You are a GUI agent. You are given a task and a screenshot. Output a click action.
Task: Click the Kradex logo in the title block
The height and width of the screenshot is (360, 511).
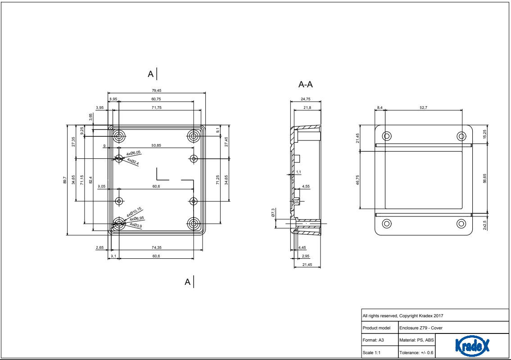tap(472, 346)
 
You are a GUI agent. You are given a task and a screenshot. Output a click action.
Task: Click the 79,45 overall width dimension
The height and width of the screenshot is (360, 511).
tap(156, 90)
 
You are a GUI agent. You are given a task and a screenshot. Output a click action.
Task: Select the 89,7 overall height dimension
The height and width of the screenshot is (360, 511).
tap(64, 180)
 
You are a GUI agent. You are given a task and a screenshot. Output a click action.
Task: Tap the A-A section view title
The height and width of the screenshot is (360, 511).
tap(306, 84)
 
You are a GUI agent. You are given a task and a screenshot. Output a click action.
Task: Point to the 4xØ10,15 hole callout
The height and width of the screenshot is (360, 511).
tap(134, 211)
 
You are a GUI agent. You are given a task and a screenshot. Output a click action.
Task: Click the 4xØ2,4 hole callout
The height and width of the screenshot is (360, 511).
tap(133, 161)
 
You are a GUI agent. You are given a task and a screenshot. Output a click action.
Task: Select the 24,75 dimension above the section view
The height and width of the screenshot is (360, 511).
tap(306, 99)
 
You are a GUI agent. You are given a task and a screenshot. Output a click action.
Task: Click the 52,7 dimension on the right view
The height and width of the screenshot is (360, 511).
tap(423, 108)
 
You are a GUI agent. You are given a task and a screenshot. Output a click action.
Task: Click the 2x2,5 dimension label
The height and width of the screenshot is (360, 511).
tap(484, 225)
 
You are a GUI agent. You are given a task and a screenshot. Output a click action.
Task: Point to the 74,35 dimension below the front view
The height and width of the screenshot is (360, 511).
tap(156, 247)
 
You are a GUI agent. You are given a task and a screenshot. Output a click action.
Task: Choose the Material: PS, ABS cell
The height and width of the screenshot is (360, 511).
tap(416, 340)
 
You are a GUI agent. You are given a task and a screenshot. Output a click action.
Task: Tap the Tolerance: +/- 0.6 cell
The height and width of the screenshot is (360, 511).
tap(416, 353)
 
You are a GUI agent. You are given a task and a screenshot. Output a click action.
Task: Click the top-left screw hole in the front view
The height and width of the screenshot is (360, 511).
tap(119, 135)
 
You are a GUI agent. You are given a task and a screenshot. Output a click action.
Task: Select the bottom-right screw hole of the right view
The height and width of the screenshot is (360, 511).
tap(461, 223)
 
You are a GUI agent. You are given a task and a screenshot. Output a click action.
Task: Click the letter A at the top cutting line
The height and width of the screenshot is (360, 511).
tap(151, 74)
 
